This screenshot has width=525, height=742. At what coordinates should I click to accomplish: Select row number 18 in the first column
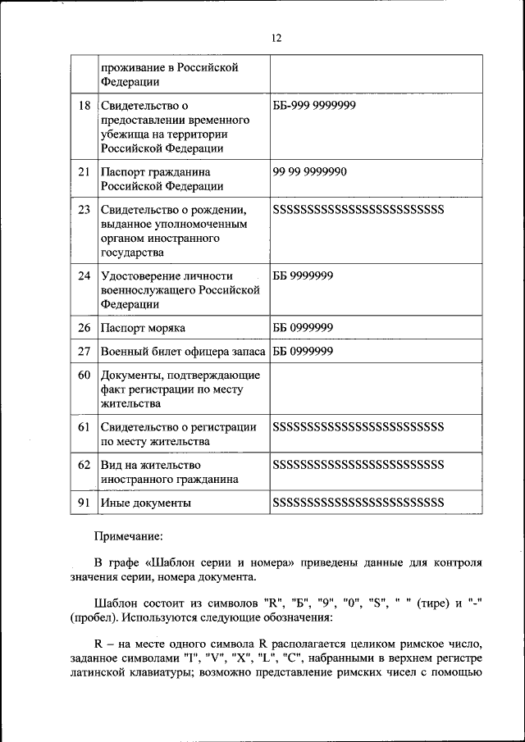[84, 106]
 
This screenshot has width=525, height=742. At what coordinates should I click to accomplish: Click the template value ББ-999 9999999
[314, 106]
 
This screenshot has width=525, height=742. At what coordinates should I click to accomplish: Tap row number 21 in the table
[84, 172]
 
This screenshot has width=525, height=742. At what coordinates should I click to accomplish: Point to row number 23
[84, 210]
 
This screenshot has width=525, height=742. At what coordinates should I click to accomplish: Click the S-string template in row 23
[358, 210]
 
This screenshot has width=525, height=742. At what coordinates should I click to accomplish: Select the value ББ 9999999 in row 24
[303, 275]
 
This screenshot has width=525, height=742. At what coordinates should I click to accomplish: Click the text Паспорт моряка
[143, 328]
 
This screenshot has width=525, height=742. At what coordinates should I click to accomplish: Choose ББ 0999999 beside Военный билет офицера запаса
[303, 352]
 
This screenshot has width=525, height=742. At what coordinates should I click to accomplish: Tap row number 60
[84, 376]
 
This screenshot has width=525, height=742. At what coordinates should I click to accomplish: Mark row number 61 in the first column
[84, 427]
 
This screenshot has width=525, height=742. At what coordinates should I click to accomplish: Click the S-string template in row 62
[358, 464]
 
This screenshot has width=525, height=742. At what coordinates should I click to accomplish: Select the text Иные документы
[146, 502]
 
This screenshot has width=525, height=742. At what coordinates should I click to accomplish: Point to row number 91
[84, 502]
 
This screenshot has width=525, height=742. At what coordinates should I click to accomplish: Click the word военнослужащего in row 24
[148, 289]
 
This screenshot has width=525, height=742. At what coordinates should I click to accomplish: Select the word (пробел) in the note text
[98, 617]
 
